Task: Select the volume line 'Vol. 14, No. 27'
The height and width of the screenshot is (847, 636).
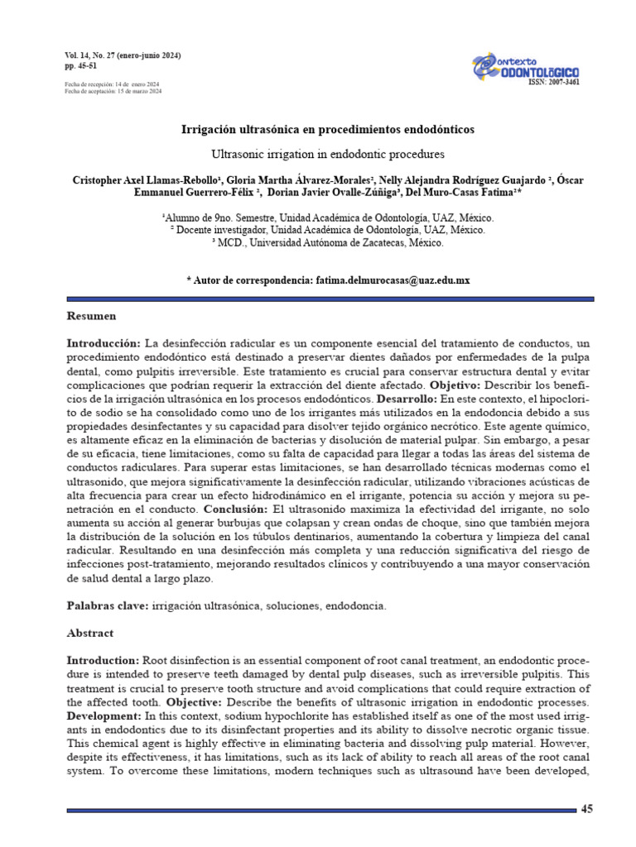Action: (x=123, y=55)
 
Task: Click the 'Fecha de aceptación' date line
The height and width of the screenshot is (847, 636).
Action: (x=113, y=91)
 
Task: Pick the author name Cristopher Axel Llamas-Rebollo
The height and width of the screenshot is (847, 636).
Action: (x=146, y=179)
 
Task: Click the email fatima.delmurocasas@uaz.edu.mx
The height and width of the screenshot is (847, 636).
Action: (x=392, y=280)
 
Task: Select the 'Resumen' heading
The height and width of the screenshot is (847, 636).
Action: (x=91, y=316)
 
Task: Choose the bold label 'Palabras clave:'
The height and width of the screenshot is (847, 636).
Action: (x=107, y=606)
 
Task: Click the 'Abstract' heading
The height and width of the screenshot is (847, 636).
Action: (x=89, y=633)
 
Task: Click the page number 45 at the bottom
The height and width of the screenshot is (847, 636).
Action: (x=587, y=808)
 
